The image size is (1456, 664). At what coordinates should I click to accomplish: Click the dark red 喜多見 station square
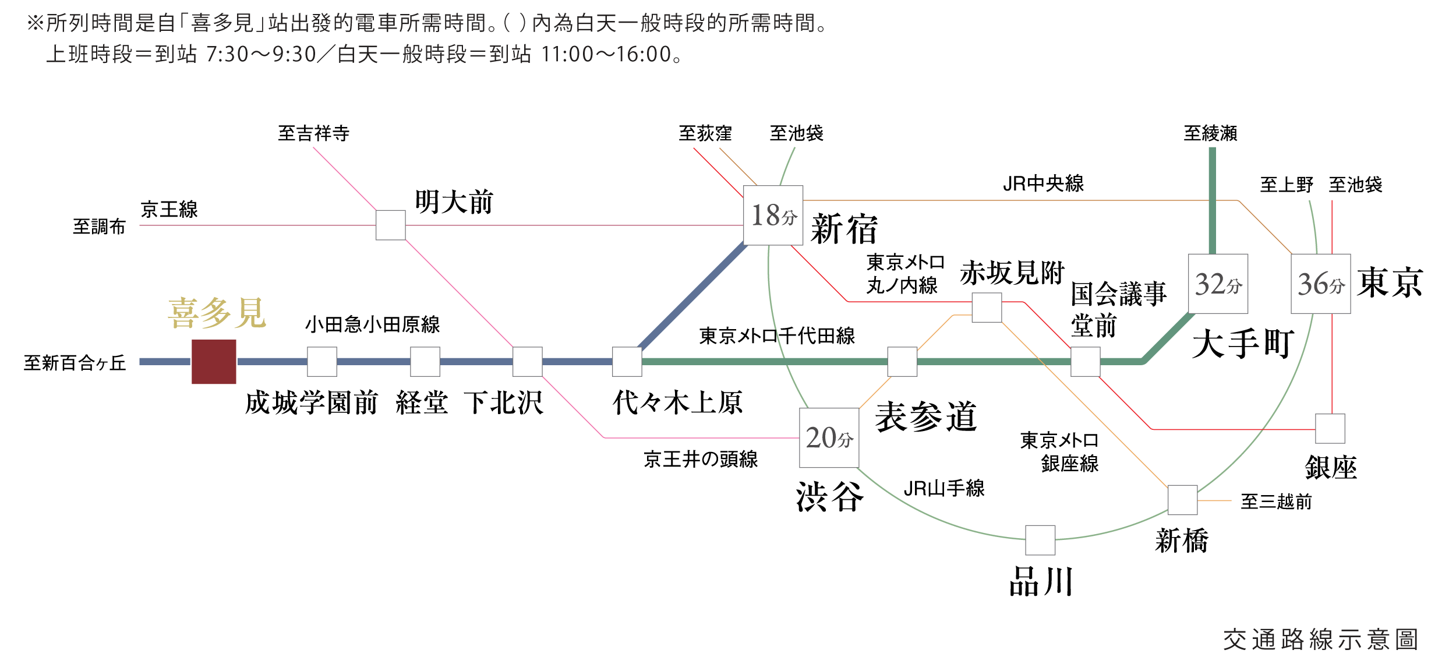(214, 362)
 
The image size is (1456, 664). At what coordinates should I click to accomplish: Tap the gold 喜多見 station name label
(217, 313)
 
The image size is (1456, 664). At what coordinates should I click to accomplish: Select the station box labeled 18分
(773, 216)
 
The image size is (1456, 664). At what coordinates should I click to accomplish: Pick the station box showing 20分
(829, 437)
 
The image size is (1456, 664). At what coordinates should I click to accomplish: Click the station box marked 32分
(1218, 284)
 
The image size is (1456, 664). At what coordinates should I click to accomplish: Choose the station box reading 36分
(1320, 284)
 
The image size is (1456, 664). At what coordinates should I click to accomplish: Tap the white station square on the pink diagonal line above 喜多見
(390, 225)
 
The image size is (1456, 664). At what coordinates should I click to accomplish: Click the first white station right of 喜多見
(322, 362)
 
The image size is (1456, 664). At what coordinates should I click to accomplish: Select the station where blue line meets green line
(627, 362)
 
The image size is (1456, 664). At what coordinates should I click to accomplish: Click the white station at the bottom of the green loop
(1040, 540)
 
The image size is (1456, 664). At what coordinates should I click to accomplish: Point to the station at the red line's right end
(1330, 429)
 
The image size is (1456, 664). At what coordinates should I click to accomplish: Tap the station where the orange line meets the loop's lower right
(1183, 500)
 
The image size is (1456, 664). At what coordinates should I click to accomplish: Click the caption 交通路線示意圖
(1320, 640)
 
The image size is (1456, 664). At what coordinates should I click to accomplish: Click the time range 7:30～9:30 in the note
(261, 55)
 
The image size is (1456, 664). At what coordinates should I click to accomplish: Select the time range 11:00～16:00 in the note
(606, 55)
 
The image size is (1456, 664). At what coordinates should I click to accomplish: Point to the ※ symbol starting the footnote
(36, 24)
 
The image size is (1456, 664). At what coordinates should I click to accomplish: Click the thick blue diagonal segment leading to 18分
(693, 297)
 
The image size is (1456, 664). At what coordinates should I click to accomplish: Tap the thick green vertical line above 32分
(1212, 198)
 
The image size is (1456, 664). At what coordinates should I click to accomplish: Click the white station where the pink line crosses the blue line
(528, 362)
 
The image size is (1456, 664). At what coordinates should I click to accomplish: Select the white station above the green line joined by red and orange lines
(987, 308)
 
